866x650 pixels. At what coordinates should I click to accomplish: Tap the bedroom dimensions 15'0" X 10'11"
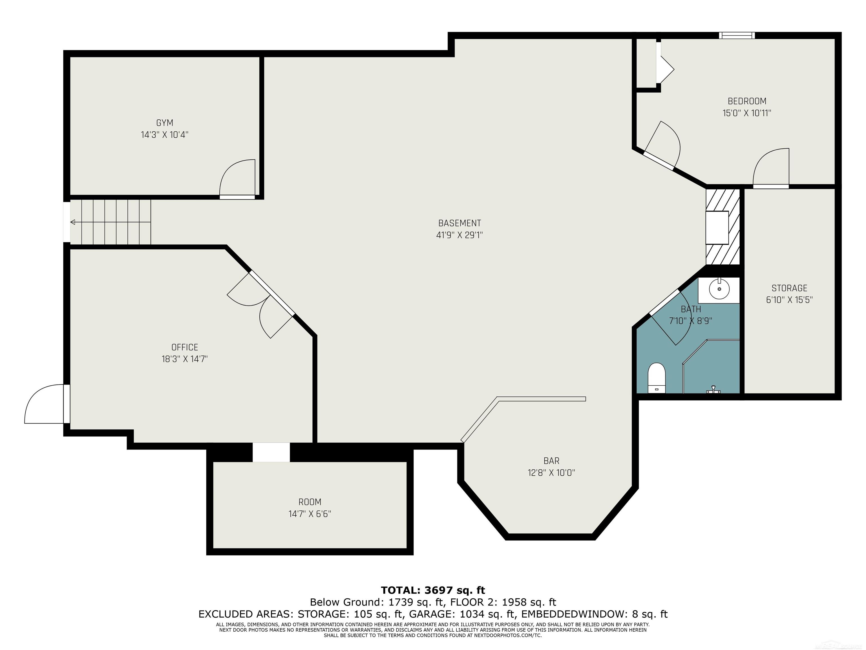(x=746, y=113)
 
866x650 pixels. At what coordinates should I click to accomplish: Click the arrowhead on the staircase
(x=73, y=222)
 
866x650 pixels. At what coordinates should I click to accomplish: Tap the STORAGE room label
(x=789, y=288)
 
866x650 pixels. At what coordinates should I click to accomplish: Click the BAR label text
(x=551, y=461)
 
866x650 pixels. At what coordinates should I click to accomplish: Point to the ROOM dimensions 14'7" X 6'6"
(x=310, y=514)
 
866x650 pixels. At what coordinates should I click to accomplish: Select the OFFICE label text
(x=185, y=347)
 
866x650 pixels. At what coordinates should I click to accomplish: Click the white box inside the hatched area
(x=717, y=228)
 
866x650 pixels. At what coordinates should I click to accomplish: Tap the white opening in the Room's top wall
(x=271, y=452)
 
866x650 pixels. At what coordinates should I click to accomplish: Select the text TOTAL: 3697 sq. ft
(x=433, y=590)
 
